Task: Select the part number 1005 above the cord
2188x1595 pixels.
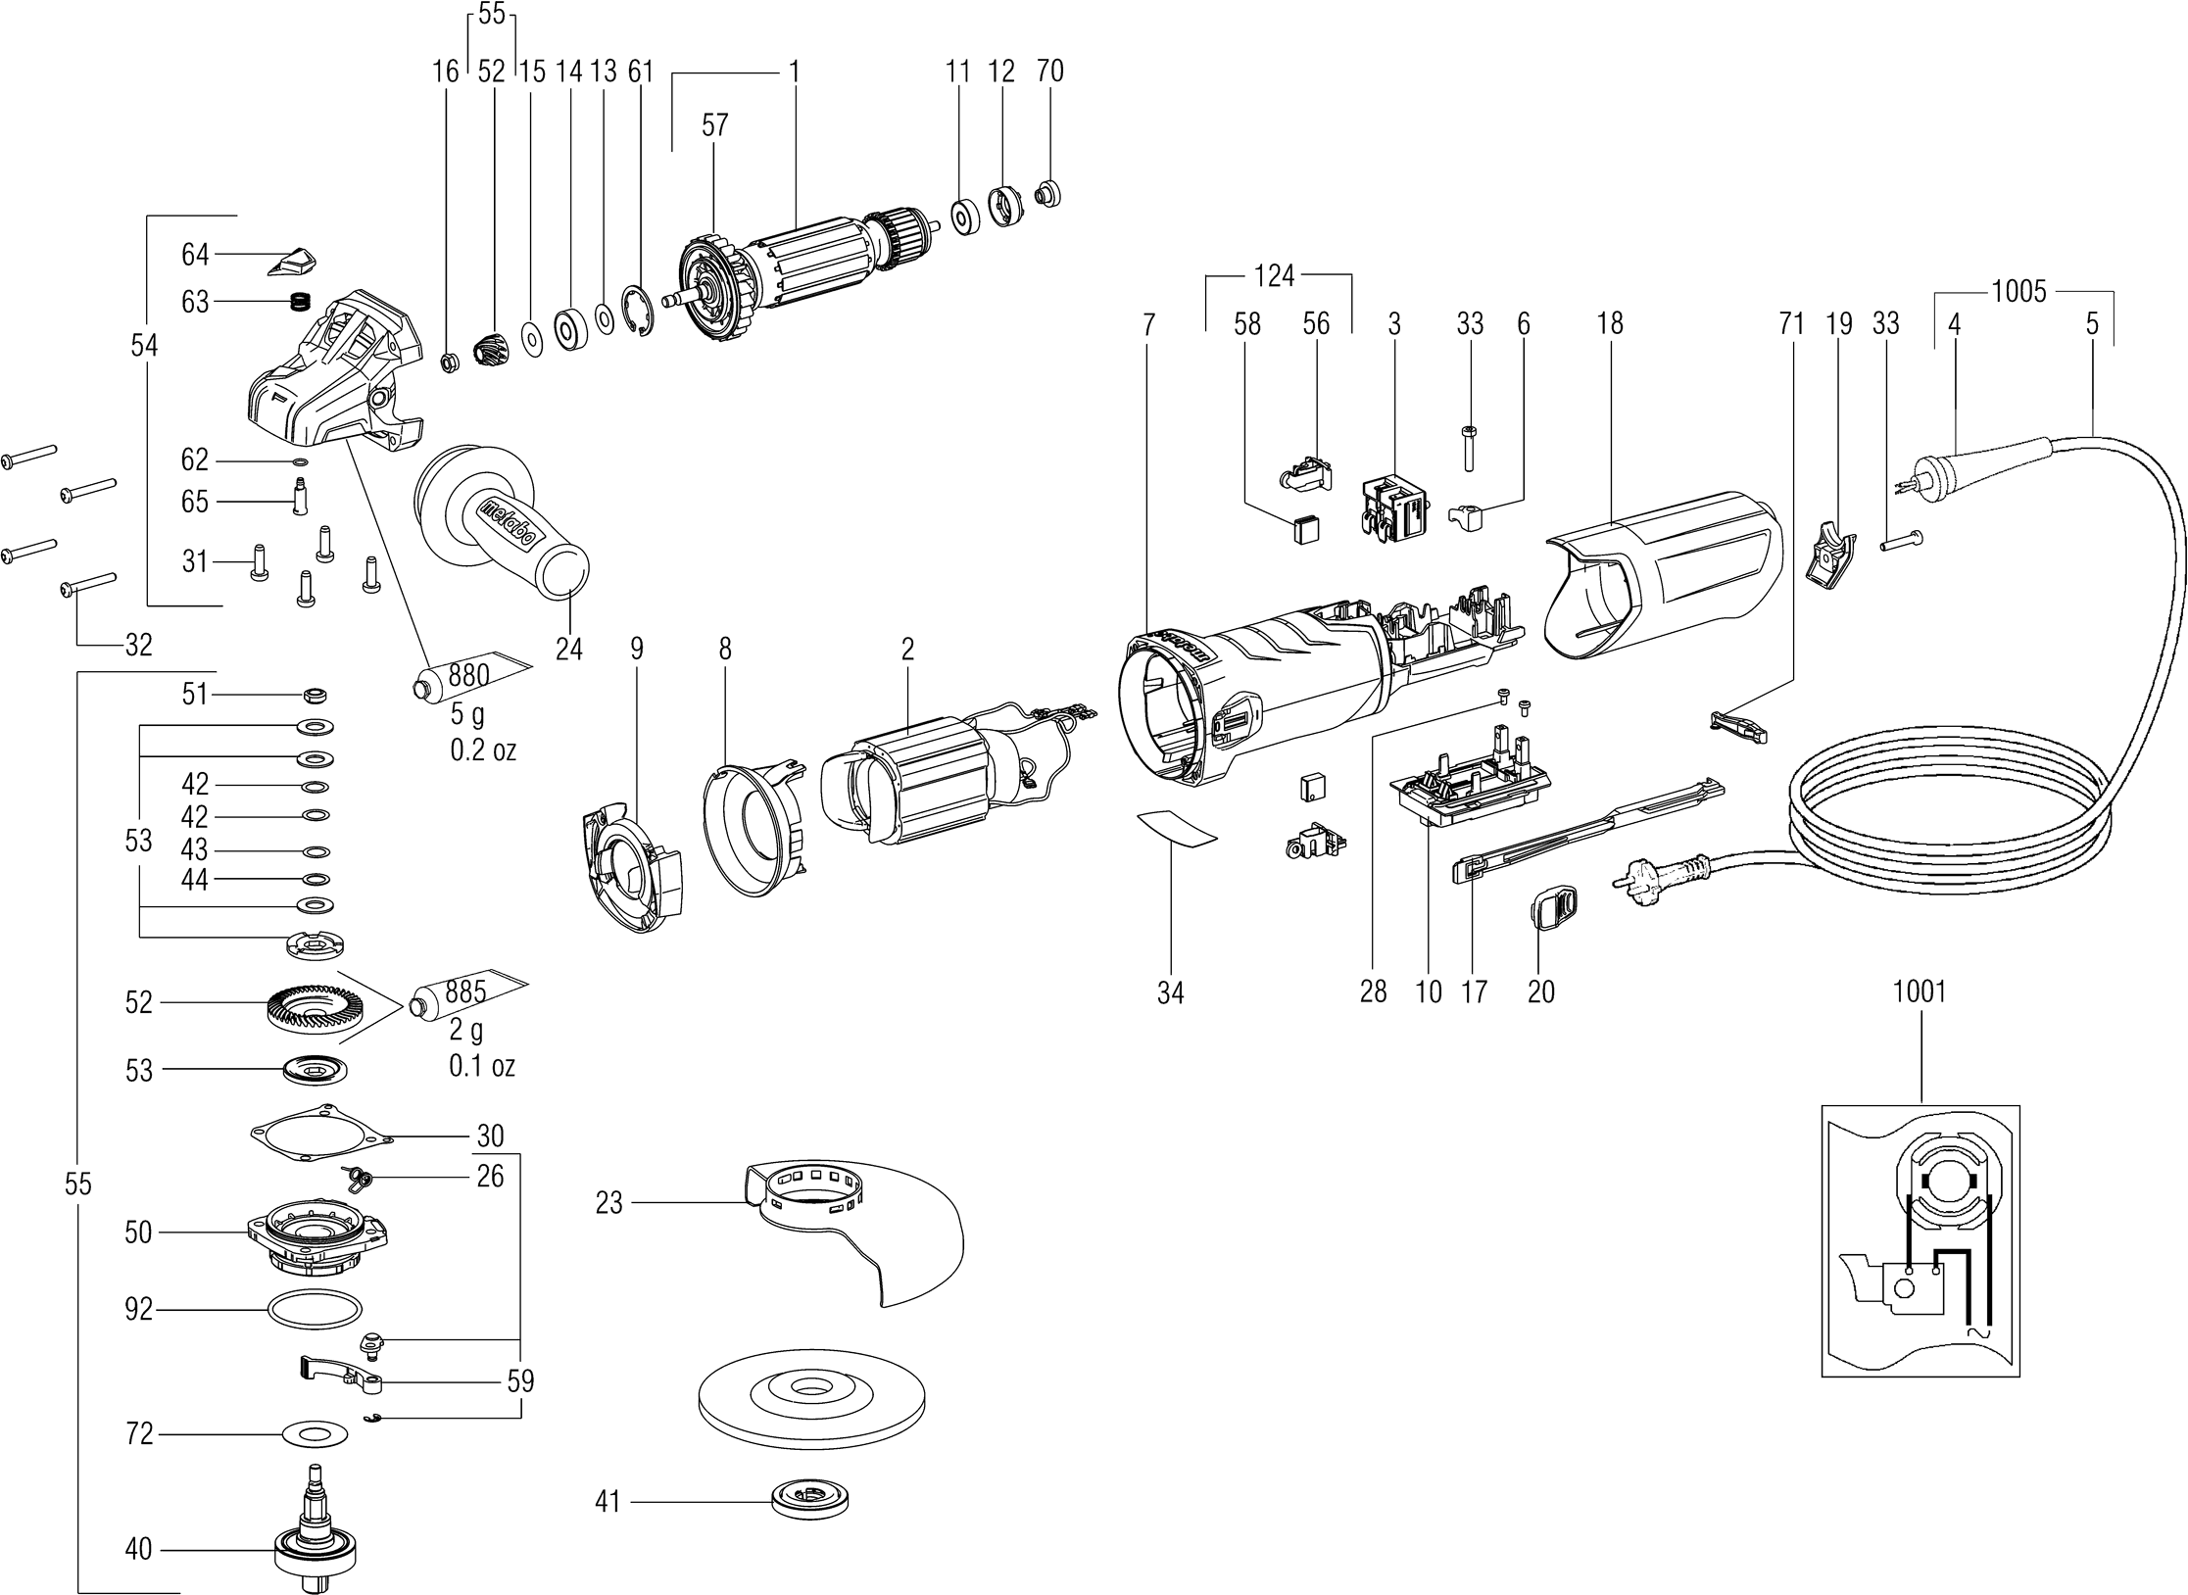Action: pos(2019,291)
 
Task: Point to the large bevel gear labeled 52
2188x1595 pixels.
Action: pos(308,1002)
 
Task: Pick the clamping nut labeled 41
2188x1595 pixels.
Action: pos(809,1499)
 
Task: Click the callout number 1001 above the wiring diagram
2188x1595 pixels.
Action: pos(1920,991)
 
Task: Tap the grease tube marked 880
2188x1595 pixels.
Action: pos(473,677)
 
